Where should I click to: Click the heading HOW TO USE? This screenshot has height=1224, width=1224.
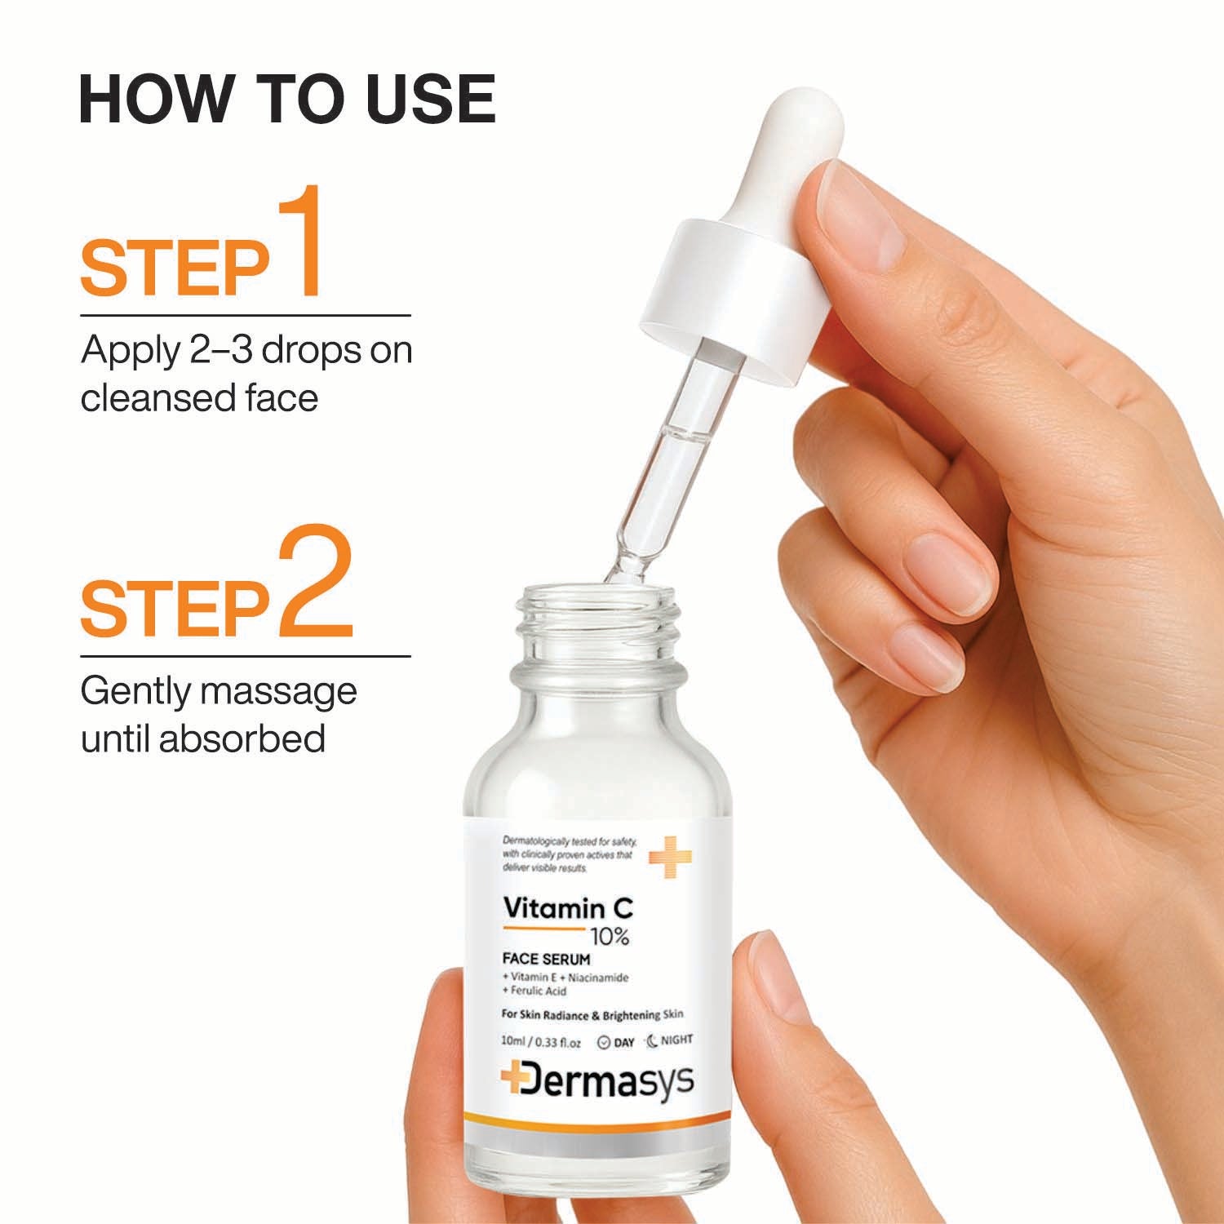click(x=287, y=99)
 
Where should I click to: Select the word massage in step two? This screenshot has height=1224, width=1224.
click(x=278, y=691)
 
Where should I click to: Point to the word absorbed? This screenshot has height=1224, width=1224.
click(x=242, y=738)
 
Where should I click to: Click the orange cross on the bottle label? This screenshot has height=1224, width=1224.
click(x=670, y=857)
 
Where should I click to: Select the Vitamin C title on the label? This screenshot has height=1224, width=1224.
click(x=569, y=907)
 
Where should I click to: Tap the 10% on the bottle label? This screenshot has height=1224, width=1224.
click(x=610, y=938)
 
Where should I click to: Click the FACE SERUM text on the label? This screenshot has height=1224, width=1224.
click(x=546, y=960)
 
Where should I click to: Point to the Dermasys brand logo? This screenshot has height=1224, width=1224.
click(x=597, y=1080)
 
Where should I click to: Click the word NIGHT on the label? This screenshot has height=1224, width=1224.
click(x=676, y=1040)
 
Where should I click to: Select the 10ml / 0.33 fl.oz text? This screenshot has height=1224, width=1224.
click(x=541, y=1042)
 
